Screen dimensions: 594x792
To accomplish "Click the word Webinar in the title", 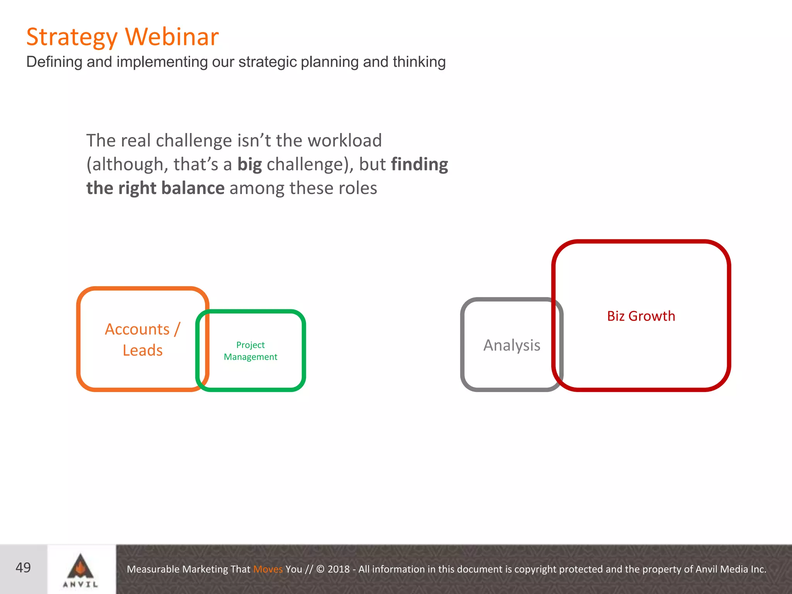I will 172,37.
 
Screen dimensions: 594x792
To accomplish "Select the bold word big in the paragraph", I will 249,164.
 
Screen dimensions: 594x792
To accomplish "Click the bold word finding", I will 419,164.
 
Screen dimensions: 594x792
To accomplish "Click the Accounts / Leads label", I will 142,340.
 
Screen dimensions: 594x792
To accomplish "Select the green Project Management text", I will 250,351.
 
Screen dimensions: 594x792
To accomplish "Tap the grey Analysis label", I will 512,345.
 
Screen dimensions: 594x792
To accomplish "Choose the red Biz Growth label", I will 641,316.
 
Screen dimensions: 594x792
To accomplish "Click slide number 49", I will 23,568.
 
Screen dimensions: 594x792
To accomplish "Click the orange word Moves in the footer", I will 268,569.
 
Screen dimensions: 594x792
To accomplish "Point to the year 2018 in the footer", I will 338,569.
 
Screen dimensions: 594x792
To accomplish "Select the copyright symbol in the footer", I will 321,569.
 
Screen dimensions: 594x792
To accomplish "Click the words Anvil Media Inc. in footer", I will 731,569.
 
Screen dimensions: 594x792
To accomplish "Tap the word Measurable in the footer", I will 153,569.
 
